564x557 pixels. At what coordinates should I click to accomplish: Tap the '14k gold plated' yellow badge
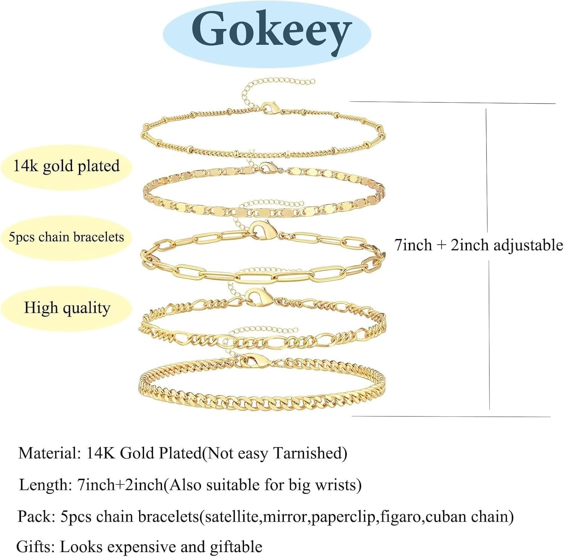[x=67, y=166]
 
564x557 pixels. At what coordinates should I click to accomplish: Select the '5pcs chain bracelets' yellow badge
[x=67, y=237]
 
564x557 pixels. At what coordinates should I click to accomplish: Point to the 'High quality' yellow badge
[x=67, y=308]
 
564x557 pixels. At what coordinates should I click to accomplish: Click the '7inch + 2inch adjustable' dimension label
[x=479, y=245]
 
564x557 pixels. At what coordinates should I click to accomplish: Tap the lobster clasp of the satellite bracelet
[x=271, y=108]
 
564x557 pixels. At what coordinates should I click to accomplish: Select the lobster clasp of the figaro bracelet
[x=259, y=297]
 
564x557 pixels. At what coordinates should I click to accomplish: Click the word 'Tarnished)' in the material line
[x=310, y=453]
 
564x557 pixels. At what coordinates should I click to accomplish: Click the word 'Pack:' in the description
[x=36, y=516]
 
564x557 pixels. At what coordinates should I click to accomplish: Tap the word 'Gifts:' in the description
[x=36, y=546]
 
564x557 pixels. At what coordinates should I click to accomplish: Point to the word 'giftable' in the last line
[x=236, y=546]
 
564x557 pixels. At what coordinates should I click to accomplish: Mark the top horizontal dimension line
[x=451, y=102]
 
